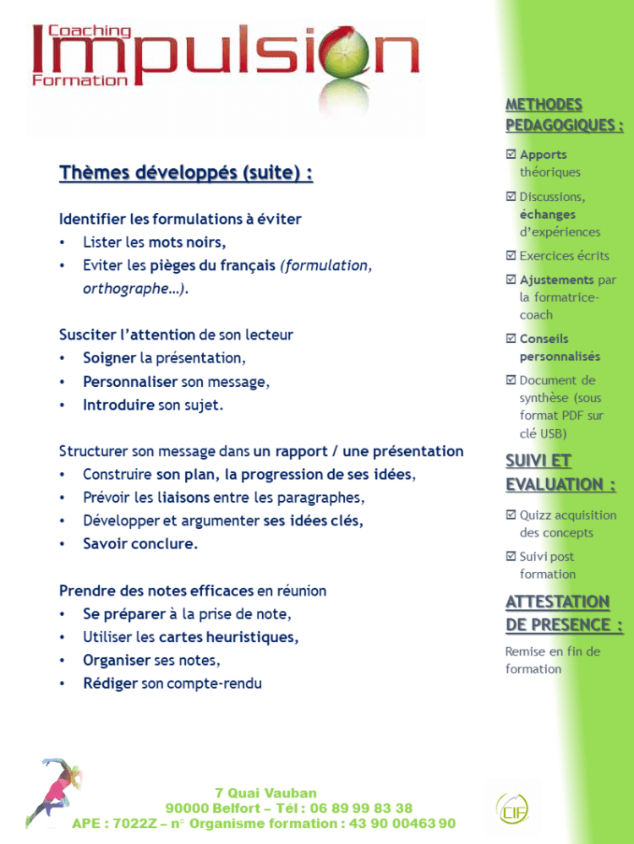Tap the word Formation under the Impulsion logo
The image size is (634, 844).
tap(79, 80)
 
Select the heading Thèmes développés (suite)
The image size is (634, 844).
tap(186, 173)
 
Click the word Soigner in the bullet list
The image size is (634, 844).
tap(110, 358)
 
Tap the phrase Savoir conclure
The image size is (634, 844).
tap(140, 544)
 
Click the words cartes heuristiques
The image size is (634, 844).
tap(228, 637)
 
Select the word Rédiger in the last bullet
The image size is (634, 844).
tap(110, 683)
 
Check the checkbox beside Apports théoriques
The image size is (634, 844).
tap(511, 155)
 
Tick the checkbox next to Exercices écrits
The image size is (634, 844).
tap(511, 255)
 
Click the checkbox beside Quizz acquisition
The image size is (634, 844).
tap(511, 515)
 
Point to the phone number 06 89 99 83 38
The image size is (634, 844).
tap(361, 809)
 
